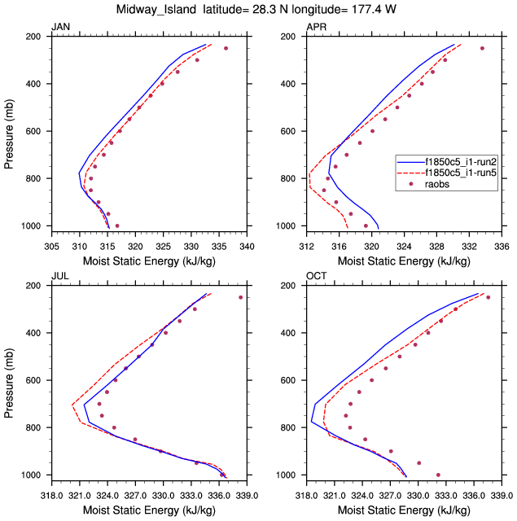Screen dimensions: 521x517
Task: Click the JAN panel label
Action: click(60, 28)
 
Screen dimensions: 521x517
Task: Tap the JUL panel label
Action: click(59, 278)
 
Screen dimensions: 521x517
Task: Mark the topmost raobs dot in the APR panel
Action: click(482, 48)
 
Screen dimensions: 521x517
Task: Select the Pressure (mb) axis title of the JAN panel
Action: click(10, 131)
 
